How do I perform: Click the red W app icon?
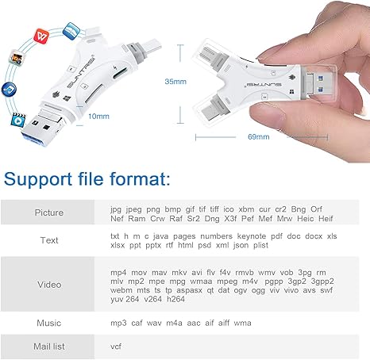click(41, 36)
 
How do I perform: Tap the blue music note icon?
click(9, 90)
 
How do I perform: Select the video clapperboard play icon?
click(18, 121)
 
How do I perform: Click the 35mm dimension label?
click(175, 82)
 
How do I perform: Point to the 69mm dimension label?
click(259, 136)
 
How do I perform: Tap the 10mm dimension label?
click(98, 117)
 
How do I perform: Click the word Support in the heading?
click(38, 179)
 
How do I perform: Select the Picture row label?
click(49, 213)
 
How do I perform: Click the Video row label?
click(49, 285)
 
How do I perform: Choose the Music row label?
click(49, 323)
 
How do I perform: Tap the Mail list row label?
click(49, 347)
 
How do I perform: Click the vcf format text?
click(116, 347)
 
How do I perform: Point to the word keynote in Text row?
click(252, 236)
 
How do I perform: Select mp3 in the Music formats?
click(118, 324)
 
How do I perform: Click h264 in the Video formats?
click(175, 299)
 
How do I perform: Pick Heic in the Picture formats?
click(306, 219)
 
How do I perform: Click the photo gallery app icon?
click(17, 58)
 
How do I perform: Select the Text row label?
click(49, 240)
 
